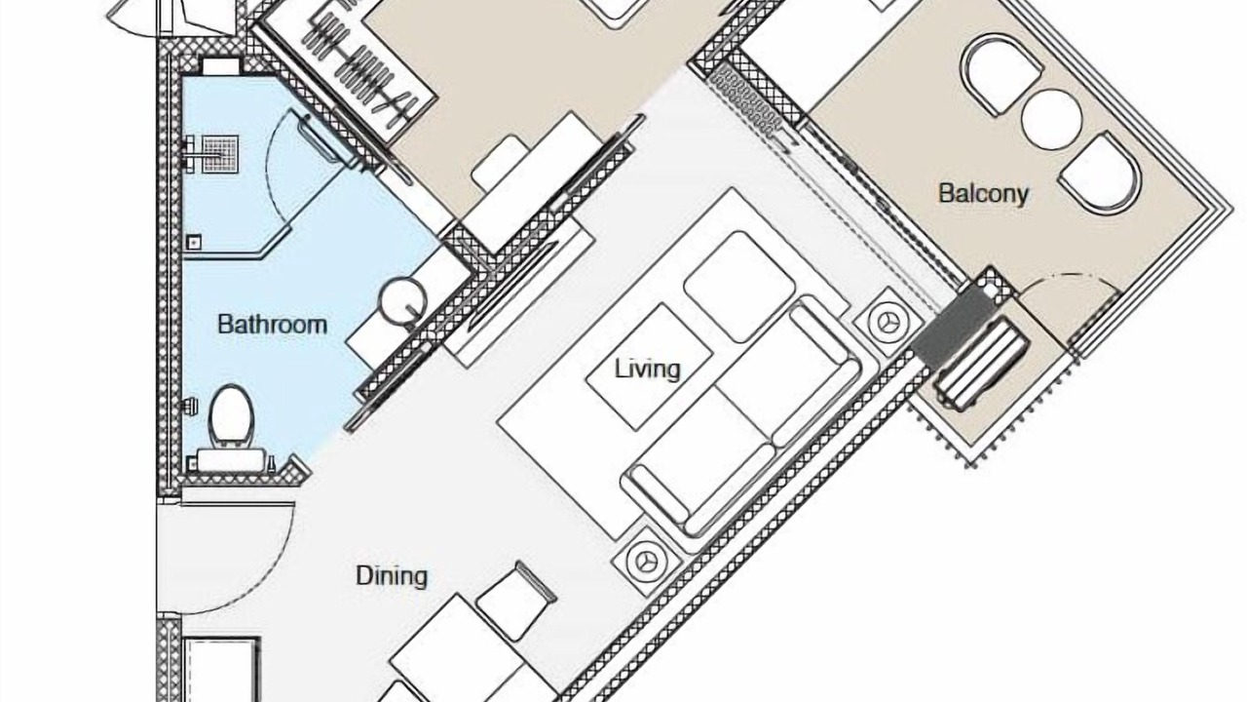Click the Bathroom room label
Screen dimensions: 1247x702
[x=272, y=325]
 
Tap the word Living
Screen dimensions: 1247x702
[x=648, y=369]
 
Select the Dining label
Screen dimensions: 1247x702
[x=392, y=575]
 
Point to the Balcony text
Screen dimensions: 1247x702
[x=983, y=193]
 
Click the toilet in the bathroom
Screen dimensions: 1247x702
[x=231, y=415]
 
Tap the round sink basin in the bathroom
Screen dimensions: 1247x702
[x=402, y=301]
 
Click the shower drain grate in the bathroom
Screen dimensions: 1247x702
[x=220, y=153]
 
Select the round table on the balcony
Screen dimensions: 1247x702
[x=1051, y=120]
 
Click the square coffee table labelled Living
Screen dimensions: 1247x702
[x=649, y=367]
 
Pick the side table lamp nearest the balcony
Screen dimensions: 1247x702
[x=888, y=322]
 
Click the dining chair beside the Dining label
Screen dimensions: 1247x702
[x=516, y=602]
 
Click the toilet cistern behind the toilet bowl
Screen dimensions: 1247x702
[x=231, y=459]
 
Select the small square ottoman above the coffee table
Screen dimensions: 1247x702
[x=739, y=287]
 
